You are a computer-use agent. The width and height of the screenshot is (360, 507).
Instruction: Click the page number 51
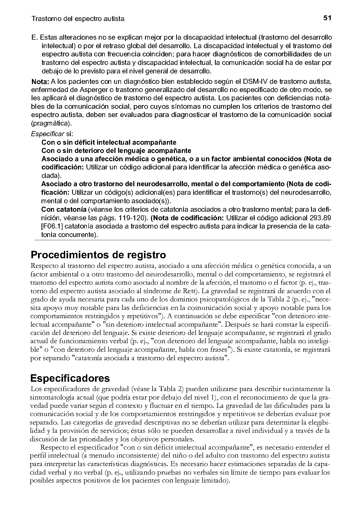coord(327,18)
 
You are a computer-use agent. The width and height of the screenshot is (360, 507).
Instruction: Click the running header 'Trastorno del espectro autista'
coord(78,19)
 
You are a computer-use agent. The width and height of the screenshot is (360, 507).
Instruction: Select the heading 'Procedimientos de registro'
coord(98,255)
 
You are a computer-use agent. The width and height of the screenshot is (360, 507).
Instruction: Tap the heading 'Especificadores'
coord(70,378)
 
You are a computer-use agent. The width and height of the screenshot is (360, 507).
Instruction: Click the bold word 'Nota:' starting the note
coord(40,81)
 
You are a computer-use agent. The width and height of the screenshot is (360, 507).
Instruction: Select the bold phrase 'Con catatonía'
coord(64,210)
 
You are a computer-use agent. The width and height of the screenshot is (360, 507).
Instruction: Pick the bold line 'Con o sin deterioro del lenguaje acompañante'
coord(116,151)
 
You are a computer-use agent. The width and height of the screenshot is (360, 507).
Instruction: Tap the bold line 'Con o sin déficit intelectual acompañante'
coord(109,142)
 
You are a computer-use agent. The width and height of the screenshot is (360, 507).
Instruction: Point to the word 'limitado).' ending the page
coord(216,481)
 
